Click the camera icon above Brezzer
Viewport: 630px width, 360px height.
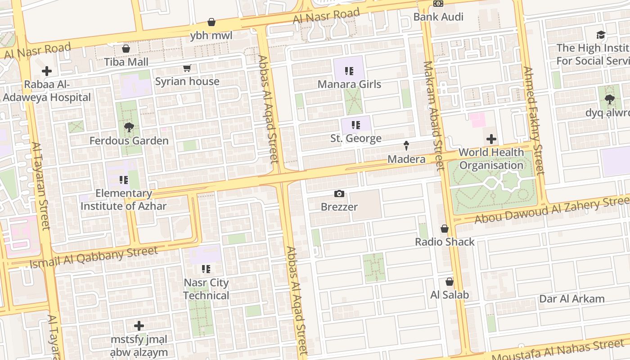coord(339,194)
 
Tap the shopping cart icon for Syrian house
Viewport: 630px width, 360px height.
coord(187,68)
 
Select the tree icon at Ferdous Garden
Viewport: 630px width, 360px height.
coord(129,127)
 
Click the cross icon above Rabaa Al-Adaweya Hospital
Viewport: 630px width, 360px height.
coord(46,71)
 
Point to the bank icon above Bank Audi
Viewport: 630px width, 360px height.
coord(438,4)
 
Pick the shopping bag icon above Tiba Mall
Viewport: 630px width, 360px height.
coord(126,49)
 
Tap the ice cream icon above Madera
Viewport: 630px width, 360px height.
coord(406,146)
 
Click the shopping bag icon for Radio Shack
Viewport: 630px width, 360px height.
coord(445,229)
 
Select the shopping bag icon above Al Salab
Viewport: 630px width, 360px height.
coord(449,282)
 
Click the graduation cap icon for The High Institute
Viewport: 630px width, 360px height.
coord(601,35)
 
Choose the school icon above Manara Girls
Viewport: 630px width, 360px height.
coord(349,71)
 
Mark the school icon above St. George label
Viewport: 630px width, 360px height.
coord(356,125)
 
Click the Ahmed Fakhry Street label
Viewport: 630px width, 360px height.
coord(534,121)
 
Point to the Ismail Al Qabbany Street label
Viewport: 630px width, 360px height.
coord(94,257)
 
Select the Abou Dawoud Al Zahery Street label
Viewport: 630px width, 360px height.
coord(552,211)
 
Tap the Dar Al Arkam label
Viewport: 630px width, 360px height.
coord(571,299)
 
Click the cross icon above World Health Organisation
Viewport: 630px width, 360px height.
coord(491,139)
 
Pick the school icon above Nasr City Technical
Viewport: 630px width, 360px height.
coord(206,270)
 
